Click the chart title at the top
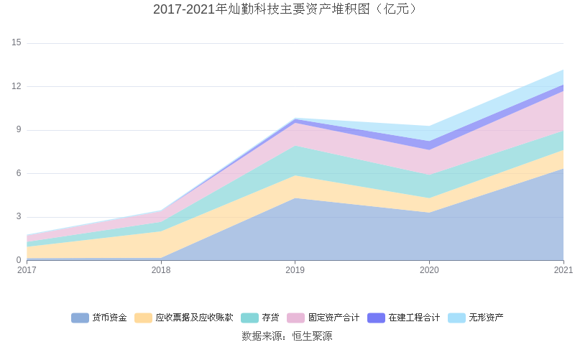(x=287, y=9)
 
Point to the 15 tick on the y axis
(x=17, y=43)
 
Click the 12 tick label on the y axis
(x=17, y=87)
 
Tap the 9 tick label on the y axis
(x=19, y=130)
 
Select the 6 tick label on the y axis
(x=19, y=174)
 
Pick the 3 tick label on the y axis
(x=19, y=217)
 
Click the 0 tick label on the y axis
(x=19, y=260)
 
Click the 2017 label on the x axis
(x=27, y=270)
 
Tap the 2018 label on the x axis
(x=161, y=270)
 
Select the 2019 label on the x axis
(x=295, y=270)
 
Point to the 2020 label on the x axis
(x=429, y=270)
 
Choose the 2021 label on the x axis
(x=563, y=270)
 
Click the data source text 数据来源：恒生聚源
(x=287, y=336)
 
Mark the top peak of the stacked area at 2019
(x=295, y=119)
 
